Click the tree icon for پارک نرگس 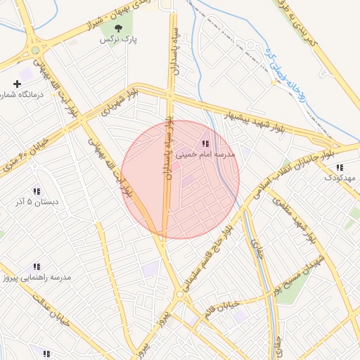(117, 28)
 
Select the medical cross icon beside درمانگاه (18, 84)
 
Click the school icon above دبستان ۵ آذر (36, 191)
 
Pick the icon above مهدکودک (340, 167)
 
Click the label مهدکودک (340, 179)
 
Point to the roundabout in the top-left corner (34, 50)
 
